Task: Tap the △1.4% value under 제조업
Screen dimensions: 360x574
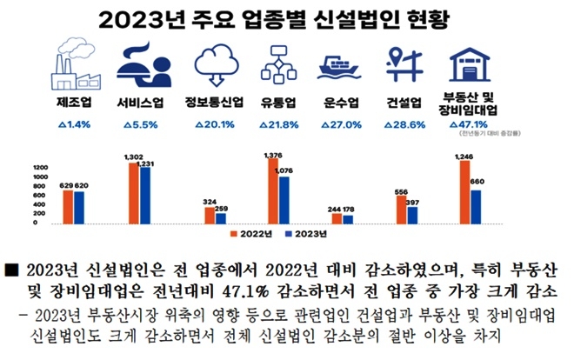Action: click(73, 124)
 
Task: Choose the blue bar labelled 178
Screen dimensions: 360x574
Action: click(348, 218)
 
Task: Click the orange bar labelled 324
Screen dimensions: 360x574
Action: click(209, 215)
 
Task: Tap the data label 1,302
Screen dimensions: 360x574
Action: click(133, 157)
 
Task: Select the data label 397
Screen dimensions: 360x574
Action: click(414, 202)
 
